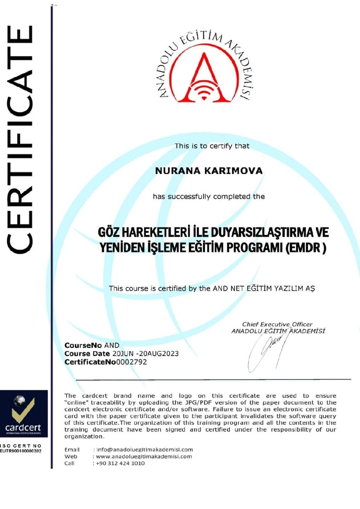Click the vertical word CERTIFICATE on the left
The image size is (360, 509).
[20, 139]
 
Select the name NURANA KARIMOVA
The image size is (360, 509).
[209, 171]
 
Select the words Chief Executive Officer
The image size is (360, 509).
[277, 324]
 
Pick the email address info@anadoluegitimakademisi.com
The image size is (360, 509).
[144, 449]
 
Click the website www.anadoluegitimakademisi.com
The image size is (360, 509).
[144, 456]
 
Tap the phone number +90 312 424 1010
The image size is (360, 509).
[120, 463]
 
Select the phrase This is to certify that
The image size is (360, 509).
[212, 146]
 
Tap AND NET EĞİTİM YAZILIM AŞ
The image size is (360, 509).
[263, 288]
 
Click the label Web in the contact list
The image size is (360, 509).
[71, 456]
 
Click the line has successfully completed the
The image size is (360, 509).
[209, 196]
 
